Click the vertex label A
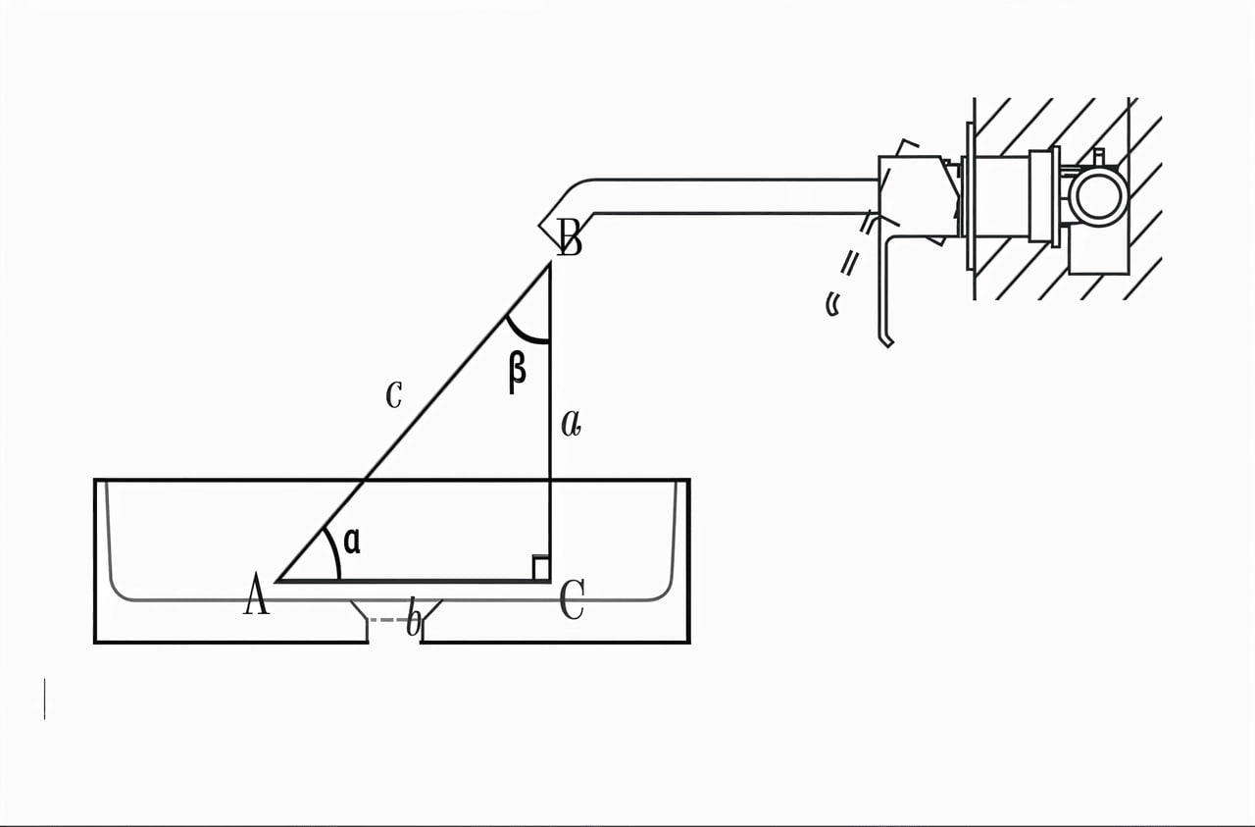pyautogui.click(x=257, y=594)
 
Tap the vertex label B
pyautogui.click(x=570, y=238)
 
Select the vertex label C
pyautogui.click(x=573, y=599)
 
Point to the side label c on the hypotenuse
pyautogui.click(x=394, y=394)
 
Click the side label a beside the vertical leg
pyautogui.click(x=571, y=424)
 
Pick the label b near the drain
pyautogui.click(x=414, y=617)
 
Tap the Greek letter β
pyautogui.click(x=517, y=372)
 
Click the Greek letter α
pyautogui.click(x=352, y=542)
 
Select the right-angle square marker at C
pyautogui.click(x=540, y=568)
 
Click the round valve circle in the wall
pyautogui.click(x=1099, y=196)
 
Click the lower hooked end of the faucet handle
pyautogui.click(x=885, y=340)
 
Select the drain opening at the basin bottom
pyautogui.click(x=395, y=621)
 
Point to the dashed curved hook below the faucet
pyautogui.click(x=832, y=304)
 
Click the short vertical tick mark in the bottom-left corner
pyautogui.click(x=45, y=698)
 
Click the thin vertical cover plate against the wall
pyautogui.click(x=970, y=196)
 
